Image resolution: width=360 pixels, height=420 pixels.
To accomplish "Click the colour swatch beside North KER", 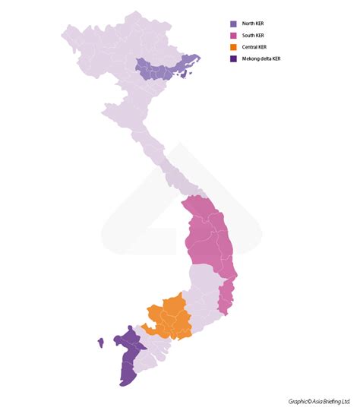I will pos(233,24).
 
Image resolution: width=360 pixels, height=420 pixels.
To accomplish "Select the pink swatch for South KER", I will pos(233,35).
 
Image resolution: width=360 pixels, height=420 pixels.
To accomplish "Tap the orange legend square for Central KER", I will pos(233,47).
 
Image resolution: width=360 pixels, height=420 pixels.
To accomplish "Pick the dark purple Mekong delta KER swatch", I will pos(233,58).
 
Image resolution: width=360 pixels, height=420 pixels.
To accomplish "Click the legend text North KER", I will pos(252,24).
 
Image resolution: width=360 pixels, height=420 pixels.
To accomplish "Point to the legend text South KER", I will pos(252,35).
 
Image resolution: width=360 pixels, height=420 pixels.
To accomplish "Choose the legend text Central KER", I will pos(254,47).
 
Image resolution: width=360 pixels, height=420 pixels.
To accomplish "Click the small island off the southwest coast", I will pos(99,343).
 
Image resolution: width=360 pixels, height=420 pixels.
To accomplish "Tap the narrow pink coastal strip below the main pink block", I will pos(225,296).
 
